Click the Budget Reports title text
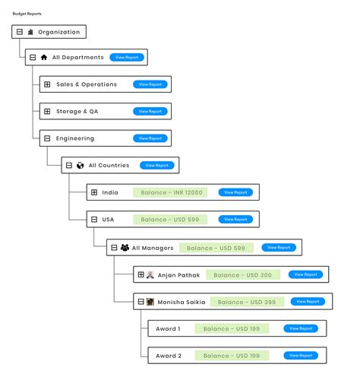point(27,14)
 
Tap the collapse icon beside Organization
point(20,32)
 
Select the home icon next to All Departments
point(44,57)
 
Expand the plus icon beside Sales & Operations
point(47,84)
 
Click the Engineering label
point(75,138)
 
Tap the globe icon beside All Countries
point(81,165)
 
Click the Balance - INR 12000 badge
point(172,192)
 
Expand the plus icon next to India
point(94,192)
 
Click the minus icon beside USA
point(94,220)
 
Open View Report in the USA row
point(234,220)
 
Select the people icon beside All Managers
point(125,247)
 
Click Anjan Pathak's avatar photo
point(150,274)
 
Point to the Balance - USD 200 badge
point(243,274)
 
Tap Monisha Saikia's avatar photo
point(150,302)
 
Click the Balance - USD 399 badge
point(247,302)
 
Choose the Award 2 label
point(168,356)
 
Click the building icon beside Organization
point(30,32)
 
